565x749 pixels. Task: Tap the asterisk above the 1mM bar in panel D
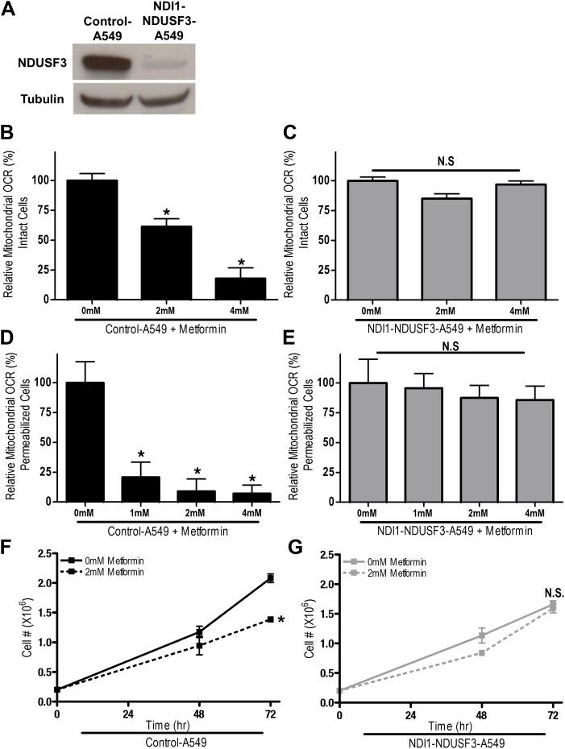141,456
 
